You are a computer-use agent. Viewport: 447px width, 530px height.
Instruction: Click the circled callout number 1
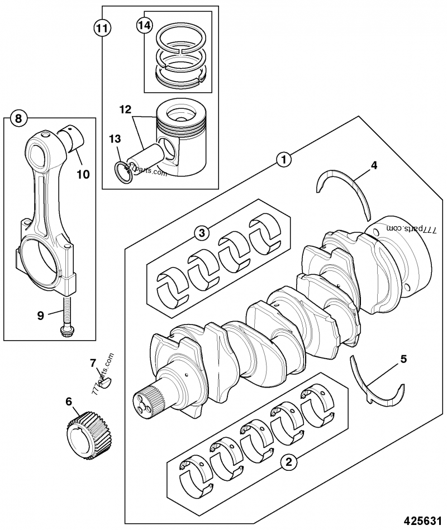(284, 159)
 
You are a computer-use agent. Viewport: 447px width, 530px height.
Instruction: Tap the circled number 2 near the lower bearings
(288, 462)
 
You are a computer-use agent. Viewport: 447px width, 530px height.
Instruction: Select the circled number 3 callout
(202, 233)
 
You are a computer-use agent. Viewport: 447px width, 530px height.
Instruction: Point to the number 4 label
(374, 165)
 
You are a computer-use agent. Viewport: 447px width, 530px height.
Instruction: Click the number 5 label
(403, 359)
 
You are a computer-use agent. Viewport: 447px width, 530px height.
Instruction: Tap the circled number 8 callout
(18, 118)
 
